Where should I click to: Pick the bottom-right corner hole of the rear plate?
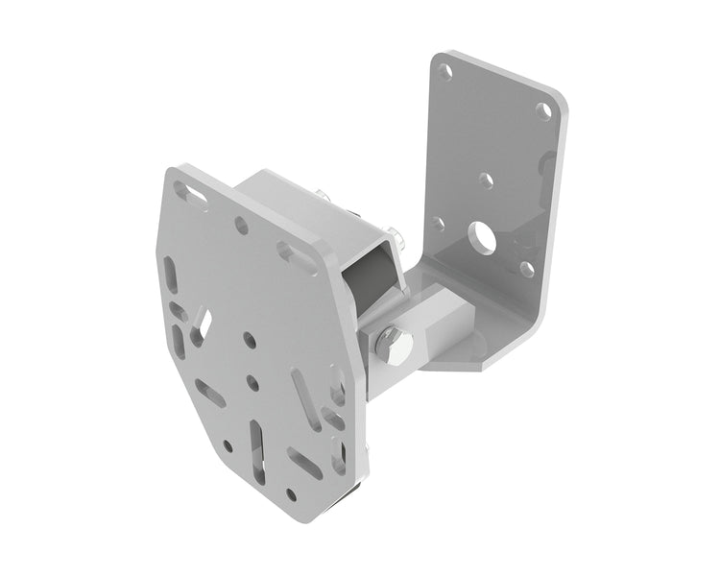[x=527, y=269]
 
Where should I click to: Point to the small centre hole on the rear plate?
[x=487, y=180]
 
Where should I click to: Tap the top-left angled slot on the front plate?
[x=193, y=199]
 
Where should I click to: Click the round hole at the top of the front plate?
[x=241, y=227]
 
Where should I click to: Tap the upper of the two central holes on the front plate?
[x=249, y=340]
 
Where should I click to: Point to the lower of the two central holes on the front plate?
[x=252, y=382]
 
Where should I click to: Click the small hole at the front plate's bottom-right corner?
[x=291, y=494]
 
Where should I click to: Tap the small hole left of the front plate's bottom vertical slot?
[x=228, y=445]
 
